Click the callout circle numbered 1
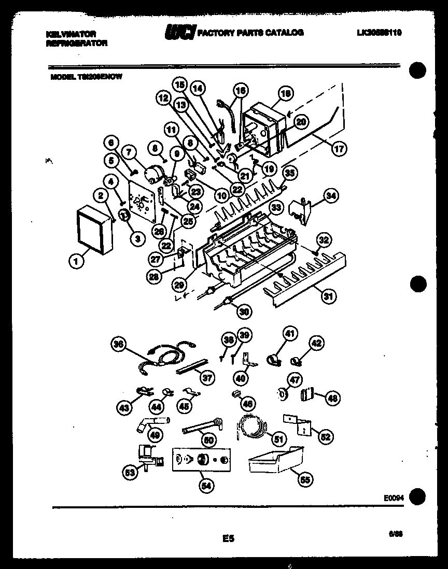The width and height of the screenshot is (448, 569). tap(76, 263)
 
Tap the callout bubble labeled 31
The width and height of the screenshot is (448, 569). tap(328, 297)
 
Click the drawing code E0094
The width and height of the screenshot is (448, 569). tap(394, 497)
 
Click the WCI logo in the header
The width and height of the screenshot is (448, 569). tap(180, 33)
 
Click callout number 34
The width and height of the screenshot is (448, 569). tap(330, 195)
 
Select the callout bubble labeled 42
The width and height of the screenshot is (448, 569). tap(316, 343)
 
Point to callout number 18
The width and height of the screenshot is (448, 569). tap(285, 94)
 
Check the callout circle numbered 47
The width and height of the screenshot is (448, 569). tap(295, 381)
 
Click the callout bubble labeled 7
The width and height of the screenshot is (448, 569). tap(129, 152)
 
